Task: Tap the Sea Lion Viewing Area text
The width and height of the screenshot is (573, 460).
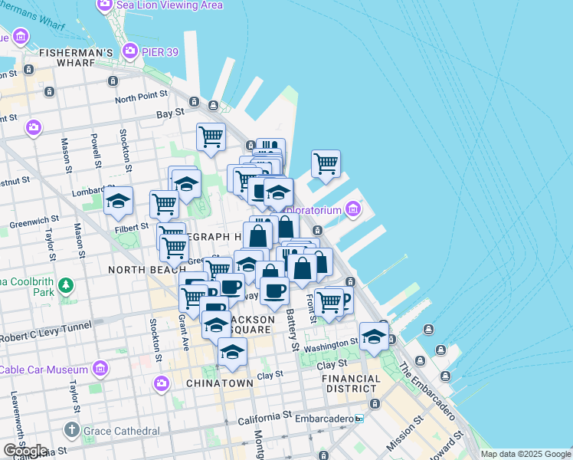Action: (169, 5)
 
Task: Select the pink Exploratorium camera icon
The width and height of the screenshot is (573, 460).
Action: (352, 209)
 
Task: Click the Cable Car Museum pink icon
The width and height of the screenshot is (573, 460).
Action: (99, 370)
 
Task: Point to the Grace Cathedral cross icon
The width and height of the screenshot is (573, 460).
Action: (72, 430)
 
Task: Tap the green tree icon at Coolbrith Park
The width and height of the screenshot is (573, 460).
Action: (67, 286)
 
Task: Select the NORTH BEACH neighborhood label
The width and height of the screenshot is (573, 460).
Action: (143, 270)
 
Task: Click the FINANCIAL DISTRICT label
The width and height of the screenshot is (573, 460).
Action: (352, 384)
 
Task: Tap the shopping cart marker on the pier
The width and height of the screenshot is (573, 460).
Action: (326, 163)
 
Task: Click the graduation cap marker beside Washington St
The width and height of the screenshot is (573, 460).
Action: (374, 337)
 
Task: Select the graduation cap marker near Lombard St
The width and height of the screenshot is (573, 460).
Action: (118, 202)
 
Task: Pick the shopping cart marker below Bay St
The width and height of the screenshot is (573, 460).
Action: (211, 137)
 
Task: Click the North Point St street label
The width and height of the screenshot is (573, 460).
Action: (141, 99)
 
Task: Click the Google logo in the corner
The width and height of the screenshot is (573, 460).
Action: (25, 451)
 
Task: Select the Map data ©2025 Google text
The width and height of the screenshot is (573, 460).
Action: (525, 454)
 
